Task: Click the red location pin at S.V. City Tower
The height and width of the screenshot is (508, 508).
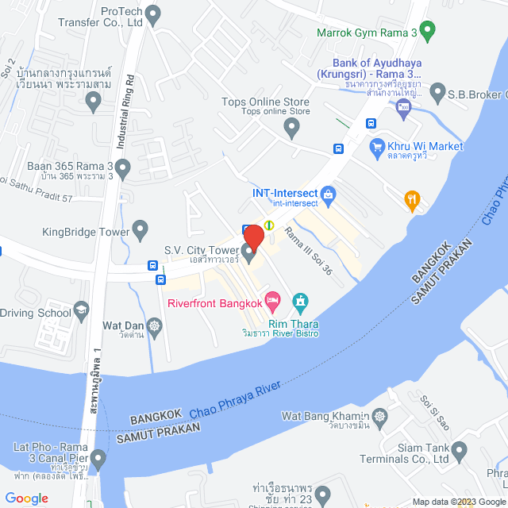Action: click(253, 237)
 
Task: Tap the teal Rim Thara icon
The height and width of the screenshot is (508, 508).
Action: click(300, 301)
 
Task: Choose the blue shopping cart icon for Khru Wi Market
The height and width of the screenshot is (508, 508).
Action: click(377, 146)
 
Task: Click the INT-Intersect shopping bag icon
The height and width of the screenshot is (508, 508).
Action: click(329, 194)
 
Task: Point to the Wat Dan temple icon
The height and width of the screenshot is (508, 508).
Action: click(154, 325)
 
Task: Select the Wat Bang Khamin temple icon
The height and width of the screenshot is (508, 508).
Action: click(382, 416)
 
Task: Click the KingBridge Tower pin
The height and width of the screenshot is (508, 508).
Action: click(140, 231)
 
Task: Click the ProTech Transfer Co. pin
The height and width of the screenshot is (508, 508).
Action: click(153, 13)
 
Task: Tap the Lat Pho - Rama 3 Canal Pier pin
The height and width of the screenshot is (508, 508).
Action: click(98, 459)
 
